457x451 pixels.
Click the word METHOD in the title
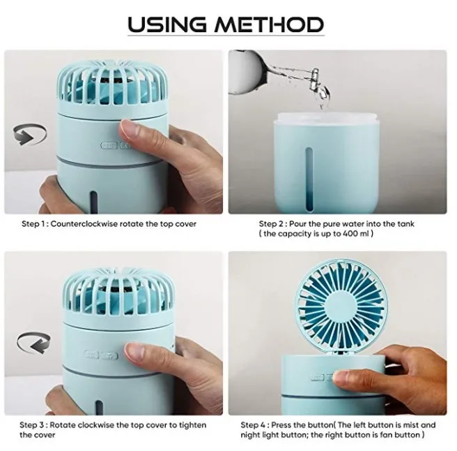pyautogui.click(x=270, y=24)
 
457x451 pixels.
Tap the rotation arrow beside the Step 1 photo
pyautogui.click(x=29, y=134)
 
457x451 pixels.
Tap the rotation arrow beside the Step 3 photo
pyautogui.click(x=33, y=342)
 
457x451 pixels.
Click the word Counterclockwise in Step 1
pyautogui.click(x=84, y=224)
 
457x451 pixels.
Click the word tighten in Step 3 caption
pyautogui.click(x=192, y=425)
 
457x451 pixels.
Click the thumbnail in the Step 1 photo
pyautogui.click(x=129, y=129)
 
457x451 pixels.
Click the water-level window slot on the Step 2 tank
pyautogui.click(x=309, y=178)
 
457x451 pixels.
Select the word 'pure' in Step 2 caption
pyautogui.click(x=330, y=224)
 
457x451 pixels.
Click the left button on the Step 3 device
pyautogui.click(x=91, y=355)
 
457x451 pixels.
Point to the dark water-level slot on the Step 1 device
pyautogui.click(x=93, y=202)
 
